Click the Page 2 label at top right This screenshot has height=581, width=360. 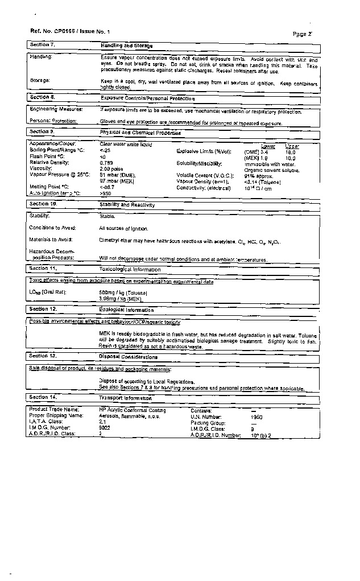(303, 34)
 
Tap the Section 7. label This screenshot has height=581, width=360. (42, 44)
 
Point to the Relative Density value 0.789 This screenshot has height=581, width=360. (107, 162)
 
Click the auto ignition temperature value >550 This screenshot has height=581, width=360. (106, 193)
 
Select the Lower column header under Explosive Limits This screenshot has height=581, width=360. (268, 146)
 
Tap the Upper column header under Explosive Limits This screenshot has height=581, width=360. (292, 146)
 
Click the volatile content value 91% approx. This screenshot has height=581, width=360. (259, 176)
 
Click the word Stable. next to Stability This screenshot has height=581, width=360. (107, 216)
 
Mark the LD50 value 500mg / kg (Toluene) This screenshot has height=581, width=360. (123, 292)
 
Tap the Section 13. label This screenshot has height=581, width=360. (43, 356)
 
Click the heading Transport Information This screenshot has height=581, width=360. (126, 398)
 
